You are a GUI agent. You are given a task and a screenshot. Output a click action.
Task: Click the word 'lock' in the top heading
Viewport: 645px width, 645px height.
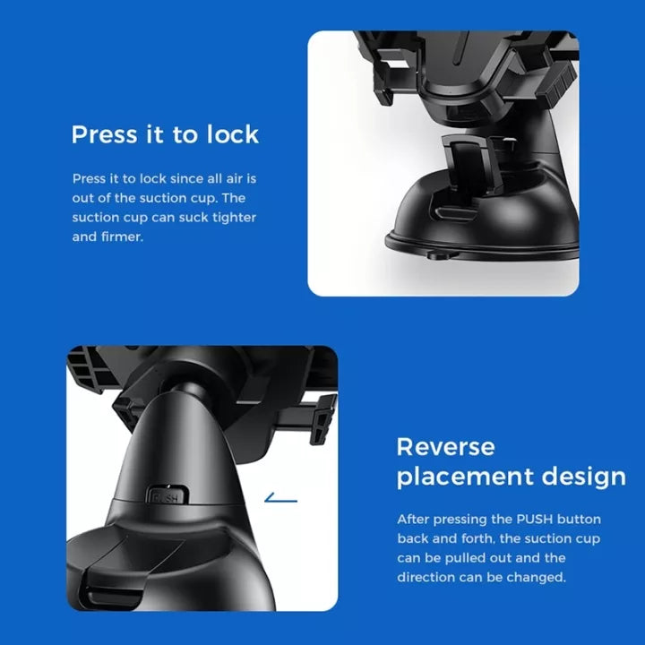click(232, 134)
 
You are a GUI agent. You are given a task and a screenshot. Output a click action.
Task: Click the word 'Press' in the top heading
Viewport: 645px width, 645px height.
click(104, 134)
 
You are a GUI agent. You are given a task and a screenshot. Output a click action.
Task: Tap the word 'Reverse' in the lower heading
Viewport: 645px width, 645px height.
click(445, 447)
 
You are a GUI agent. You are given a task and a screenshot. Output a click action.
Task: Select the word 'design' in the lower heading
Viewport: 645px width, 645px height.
click(584, 477)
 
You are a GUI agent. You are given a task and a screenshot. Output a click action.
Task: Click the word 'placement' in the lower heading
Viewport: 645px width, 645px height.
click(465, 477)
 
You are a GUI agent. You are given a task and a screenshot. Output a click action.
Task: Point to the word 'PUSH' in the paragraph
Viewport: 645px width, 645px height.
click(535, 519)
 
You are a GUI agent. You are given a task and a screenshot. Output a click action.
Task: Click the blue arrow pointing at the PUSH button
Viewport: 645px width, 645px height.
click(280, 499)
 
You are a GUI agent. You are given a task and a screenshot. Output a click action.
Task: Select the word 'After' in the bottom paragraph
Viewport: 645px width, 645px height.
click(413, 519)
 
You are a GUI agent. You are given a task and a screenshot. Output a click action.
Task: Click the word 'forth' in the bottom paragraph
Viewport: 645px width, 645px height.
click(477, 538)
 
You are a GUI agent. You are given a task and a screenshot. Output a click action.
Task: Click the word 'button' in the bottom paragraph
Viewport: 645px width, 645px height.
click(580, 519)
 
